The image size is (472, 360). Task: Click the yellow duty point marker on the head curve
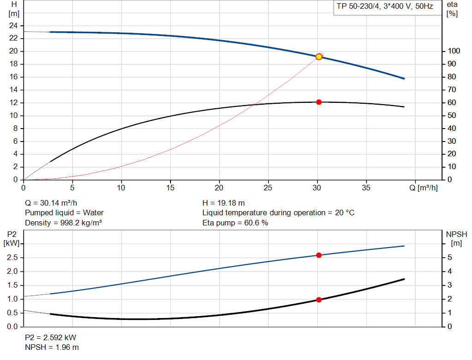pyautogui.click(x=319, y=57)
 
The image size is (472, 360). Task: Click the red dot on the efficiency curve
pyautogui.click(x=319, y=102)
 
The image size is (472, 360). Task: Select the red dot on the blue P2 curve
pyautogui.click(x=319, y=255)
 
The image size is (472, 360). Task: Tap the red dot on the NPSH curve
pyautogui.click(x=319, y=300)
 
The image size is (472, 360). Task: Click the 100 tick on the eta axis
pyautogui.click(x=454, y=51)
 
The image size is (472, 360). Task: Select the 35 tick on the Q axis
pyautogui.click(x=366, y=188)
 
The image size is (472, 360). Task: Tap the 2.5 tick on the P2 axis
pyautogui.click(x=12, y=258)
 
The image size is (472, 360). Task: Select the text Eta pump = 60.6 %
pyautogui.click(x=235, y=223)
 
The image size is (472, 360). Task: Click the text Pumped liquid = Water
pyautogui.click(x=64, y=213)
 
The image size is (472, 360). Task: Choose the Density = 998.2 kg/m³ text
pyautogui.click(x=63, y=223)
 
